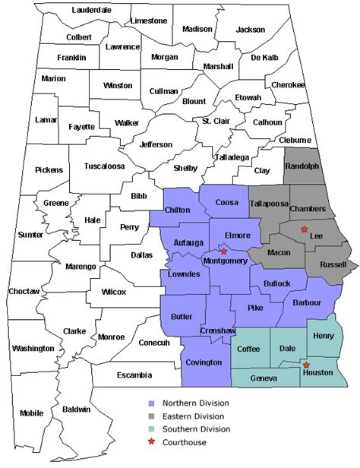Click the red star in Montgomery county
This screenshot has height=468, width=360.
(x=223, y=251)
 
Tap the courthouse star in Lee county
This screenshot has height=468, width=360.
(x=305, y=229)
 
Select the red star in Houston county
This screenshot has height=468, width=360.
(x=306, y=365)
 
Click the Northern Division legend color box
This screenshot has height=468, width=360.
(x=153, y=403)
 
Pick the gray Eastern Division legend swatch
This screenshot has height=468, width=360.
(x=153, y=416)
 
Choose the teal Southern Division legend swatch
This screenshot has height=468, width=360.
(x=153, y=429)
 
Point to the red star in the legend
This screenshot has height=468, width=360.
(x=153, y=442)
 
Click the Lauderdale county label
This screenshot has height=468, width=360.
(x=91, y=10)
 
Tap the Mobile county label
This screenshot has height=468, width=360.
(x=32, y=413)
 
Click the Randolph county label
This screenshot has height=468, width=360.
(x=302, y=166)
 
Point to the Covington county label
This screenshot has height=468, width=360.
(x=204, y=363)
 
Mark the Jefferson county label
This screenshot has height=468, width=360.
(x=156, y=144)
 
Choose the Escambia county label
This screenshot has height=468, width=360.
(x=134, y=375)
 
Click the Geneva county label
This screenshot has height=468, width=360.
(x=264, y=377)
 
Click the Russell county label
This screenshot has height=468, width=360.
(x=332, y=265)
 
